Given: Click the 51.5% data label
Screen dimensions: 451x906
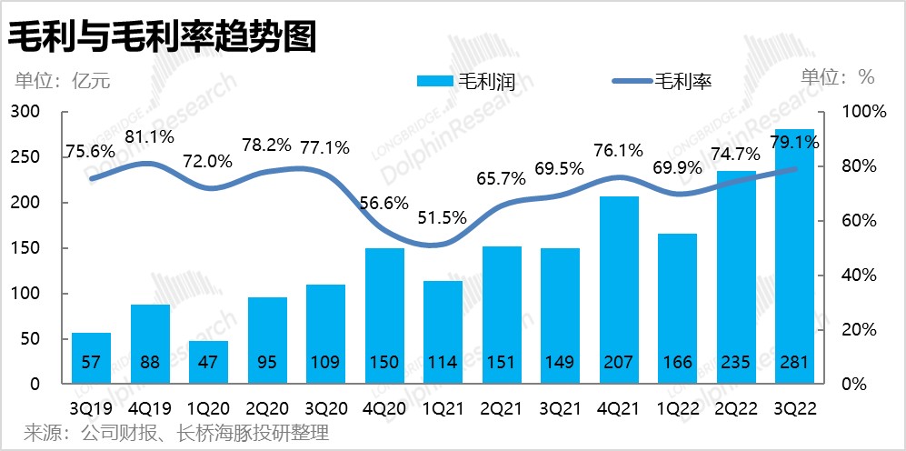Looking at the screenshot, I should [443, 218].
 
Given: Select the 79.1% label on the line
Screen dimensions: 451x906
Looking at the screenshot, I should [794, 142].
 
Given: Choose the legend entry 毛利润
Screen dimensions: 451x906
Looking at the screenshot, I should [466, 81].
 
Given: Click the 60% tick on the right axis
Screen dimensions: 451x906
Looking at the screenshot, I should [853, 221].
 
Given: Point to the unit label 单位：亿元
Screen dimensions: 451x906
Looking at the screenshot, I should [62, 80].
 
